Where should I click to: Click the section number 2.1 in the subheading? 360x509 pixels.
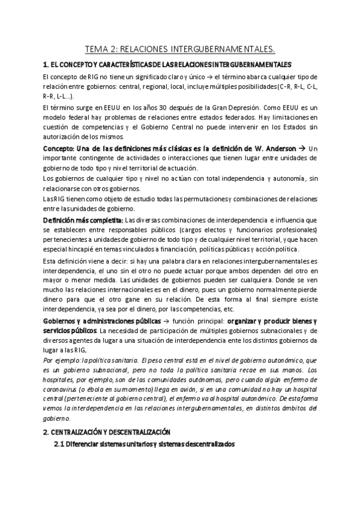click(x=59, y=444)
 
